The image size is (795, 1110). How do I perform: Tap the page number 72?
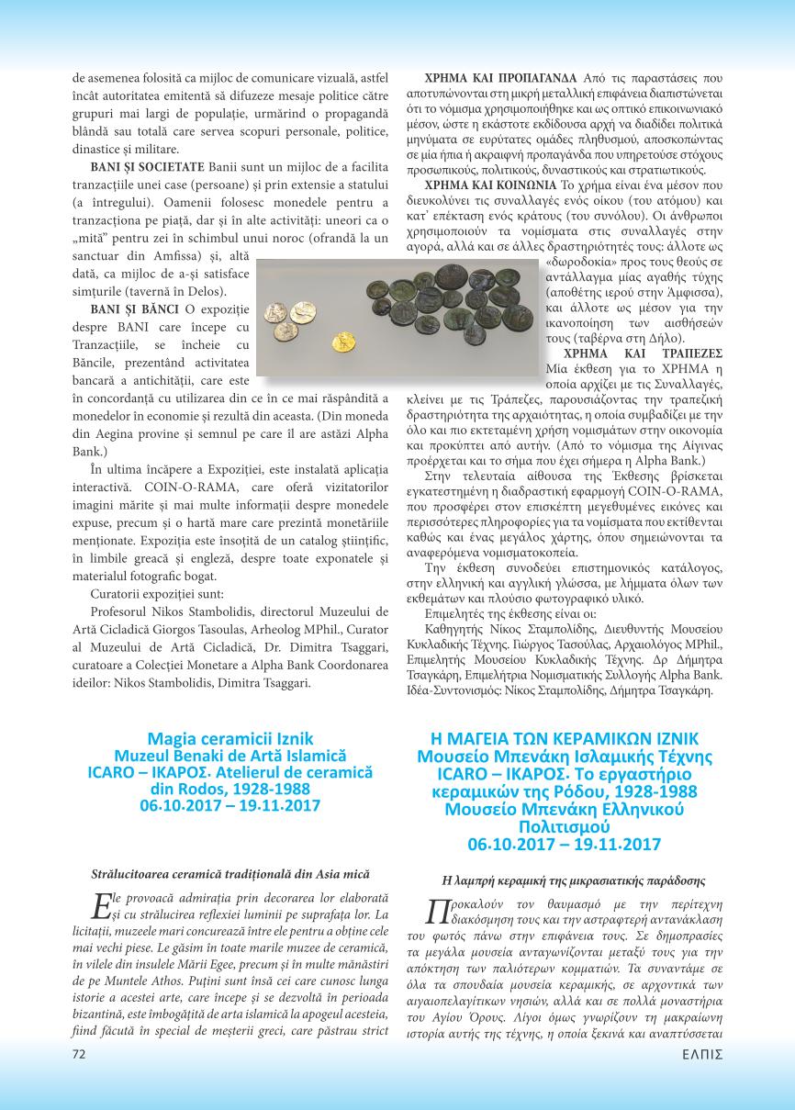[x=79, y=1079]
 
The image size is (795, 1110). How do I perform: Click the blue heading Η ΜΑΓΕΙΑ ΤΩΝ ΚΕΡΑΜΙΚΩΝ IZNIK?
[x=564, y=738]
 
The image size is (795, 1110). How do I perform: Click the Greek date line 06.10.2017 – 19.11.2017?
[x=564, y=844]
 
